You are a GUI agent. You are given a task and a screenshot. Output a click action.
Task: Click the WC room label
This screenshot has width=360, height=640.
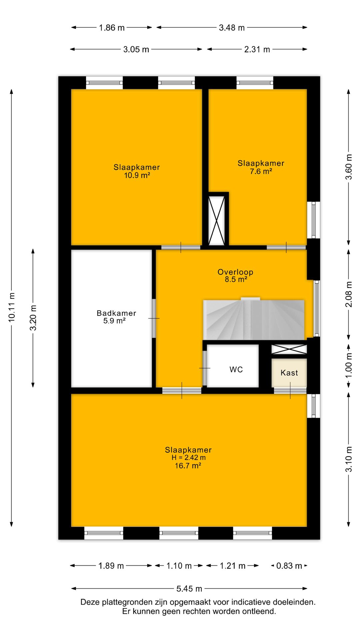236,370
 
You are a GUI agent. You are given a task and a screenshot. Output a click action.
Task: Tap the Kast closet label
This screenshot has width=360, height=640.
289,373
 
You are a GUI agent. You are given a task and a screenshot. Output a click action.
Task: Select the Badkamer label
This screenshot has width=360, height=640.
116,313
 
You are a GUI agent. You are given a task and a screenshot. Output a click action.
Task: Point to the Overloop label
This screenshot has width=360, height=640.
235,272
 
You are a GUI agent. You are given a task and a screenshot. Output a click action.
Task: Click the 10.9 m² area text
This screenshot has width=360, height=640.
137,175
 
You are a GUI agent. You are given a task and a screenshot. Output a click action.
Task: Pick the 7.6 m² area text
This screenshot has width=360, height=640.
261,172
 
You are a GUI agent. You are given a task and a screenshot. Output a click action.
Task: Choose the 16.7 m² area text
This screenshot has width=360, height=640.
188,466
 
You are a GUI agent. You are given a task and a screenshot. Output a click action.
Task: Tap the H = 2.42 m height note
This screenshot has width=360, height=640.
188,458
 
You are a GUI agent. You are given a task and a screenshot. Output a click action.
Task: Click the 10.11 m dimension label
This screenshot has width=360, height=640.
12,307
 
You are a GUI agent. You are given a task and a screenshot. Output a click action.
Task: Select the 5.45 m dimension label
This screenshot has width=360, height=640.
189,589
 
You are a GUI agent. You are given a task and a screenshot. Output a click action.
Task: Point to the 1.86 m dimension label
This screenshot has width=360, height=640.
112,28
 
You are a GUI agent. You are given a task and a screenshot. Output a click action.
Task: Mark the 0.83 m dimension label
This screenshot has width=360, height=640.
289,566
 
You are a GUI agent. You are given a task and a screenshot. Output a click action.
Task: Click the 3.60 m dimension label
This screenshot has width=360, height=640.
349,167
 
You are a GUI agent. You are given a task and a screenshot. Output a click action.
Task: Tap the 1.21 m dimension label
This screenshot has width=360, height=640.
233,566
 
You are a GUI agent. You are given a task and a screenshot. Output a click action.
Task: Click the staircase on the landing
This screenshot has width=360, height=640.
254,319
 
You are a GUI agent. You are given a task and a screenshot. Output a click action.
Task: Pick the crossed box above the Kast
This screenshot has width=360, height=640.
289,349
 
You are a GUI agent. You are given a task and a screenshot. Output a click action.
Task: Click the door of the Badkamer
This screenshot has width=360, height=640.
154,318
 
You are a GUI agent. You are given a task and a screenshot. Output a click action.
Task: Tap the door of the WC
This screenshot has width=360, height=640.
205,368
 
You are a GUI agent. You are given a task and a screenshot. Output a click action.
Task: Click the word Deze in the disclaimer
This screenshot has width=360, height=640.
90,602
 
